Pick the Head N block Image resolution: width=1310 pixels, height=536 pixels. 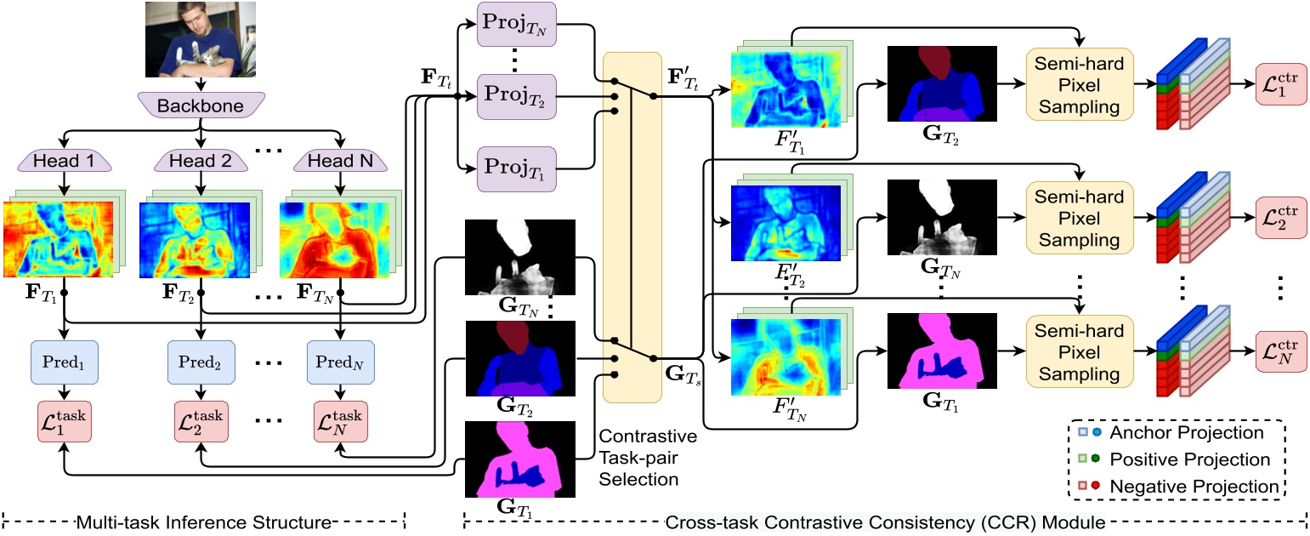340,162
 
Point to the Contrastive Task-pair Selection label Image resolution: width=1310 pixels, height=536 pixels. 648,458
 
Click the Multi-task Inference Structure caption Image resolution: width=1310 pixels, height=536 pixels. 202,521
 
